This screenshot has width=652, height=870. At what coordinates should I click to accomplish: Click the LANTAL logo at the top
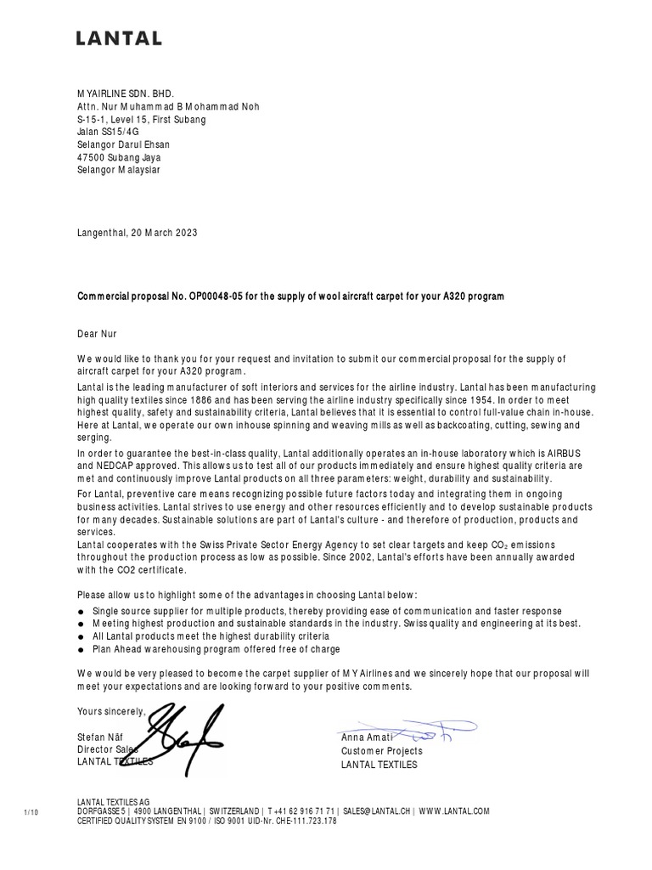click(119, 38)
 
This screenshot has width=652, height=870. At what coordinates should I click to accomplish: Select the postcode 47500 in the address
click(93, 157)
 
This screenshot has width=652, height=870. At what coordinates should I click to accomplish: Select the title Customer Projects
click(381, 751)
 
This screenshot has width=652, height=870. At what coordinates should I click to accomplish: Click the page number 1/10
click(31, 812)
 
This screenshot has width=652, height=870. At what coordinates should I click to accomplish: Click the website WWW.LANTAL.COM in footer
click(453, 811)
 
